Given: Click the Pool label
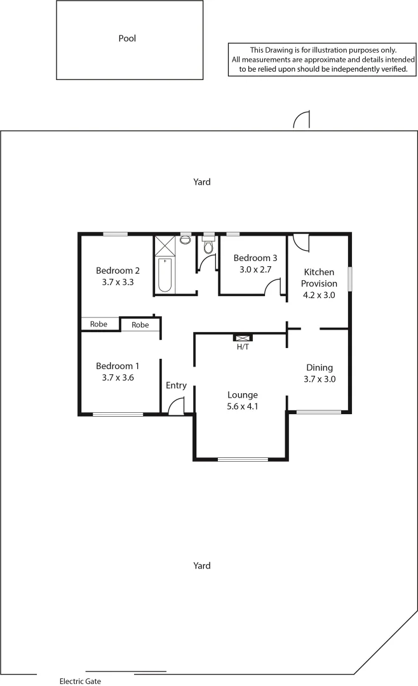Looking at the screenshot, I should tap(127, 39).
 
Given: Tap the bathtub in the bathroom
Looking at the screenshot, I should tap(165, 275).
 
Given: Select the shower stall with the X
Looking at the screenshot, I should tap(165, 244).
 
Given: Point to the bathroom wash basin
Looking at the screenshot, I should tap(185, 239).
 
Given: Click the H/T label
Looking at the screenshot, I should tap(243, 347).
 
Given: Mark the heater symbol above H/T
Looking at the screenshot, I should tap(243, 339).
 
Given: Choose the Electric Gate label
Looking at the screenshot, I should tap(80, 681).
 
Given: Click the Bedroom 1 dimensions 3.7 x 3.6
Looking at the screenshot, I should tap(117, 377).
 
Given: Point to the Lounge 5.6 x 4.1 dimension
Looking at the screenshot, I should tap(242, 407).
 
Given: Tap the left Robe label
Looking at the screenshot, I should tap(98, 324).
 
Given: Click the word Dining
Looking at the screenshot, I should tap(320, 367).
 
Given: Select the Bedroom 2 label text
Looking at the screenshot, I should tap(118, 270).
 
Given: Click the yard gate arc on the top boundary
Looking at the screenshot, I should tap(301, 119).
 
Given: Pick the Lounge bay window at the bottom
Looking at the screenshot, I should tap(242, 459).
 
